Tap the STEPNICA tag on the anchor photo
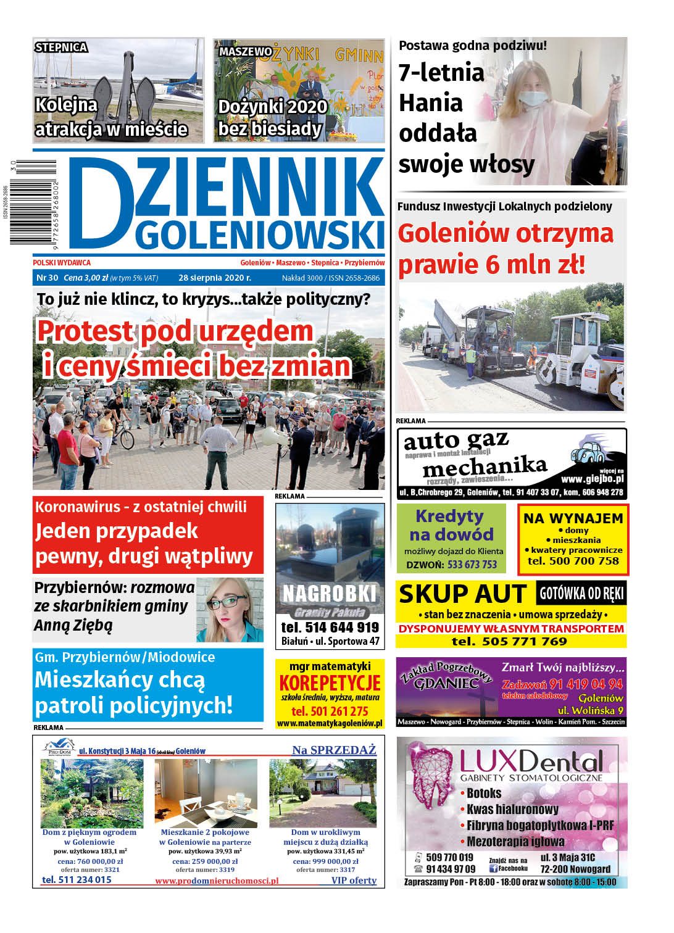click(61, 48)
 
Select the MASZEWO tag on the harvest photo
click(245, 52)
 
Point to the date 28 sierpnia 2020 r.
click(215, 278)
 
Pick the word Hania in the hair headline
click(431, 103)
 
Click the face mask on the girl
click(533, 99)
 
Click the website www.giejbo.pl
click(592, 479)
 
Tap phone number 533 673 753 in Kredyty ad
click(472, 565)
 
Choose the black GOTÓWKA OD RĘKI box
click(581, 593)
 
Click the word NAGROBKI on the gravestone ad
click(330, 594)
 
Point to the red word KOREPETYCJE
click(330, 684)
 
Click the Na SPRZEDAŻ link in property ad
click(334, 750)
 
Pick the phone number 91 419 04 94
click(586, 684)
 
